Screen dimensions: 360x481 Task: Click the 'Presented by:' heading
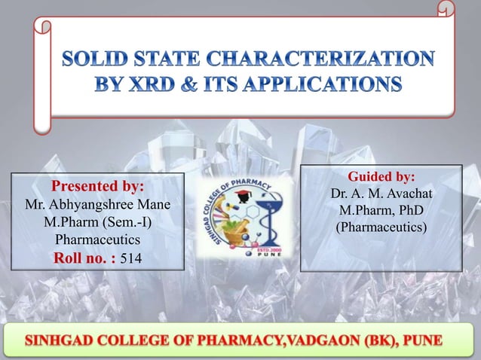[97, 186]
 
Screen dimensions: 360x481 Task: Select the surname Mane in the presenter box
[154, 205]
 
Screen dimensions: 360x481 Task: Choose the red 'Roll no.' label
[83, 258]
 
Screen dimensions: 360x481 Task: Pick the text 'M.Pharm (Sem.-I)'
[97, 223]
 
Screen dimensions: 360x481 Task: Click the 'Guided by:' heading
[380, 177]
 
